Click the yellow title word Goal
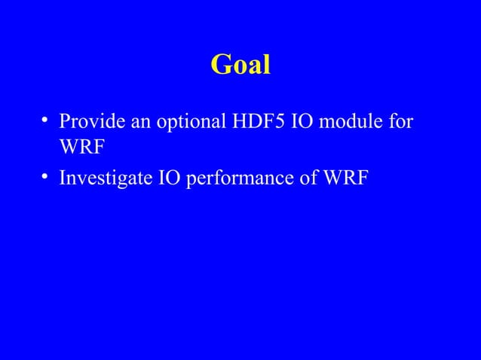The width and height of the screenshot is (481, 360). click(x=240, y=66)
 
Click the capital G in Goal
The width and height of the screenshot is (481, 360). click(x=221, y=66)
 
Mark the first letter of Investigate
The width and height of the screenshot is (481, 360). click(x=63, y=178)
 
